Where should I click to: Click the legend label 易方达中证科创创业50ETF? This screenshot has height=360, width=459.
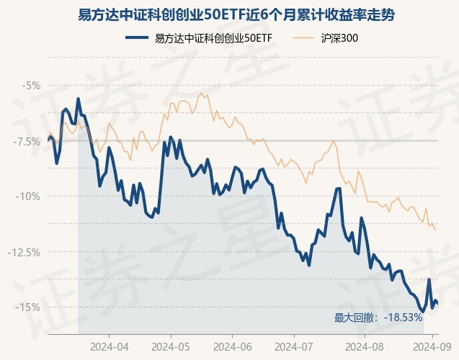pos(213,38)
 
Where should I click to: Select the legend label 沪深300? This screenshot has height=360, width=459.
pos(339,38)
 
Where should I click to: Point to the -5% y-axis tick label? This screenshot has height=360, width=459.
pos(31,85)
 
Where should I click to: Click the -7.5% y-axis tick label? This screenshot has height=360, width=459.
pos(27,141)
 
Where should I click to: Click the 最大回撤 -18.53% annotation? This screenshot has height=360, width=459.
pos(378,317)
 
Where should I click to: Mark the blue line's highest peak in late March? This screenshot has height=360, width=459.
pos(78,99)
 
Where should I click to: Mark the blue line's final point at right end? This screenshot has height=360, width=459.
pos(437,303)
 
